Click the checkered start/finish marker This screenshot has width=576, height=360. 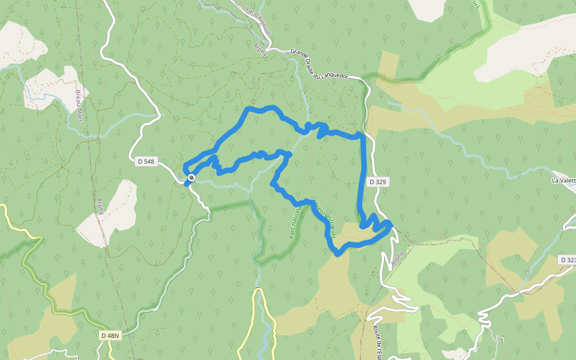pyautogui.click(x=191, y=178)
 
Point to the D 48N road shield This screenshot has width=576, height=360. pyautogui.click(x=110, y=335)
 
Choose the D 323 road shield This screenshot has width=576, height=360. pyautogui.click(x=567, y=260)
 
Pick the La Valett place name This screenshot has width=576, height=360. pyautogui.click(x=563, y=180)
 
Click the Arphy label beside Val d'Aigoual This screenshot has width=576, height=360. pyautogui.click(x=260, y=49)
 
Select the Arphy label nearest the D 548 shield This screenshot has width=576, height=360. pyautogui.click(x=100, y=206)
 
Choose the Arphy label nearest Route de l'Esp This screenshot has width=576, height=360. pyautogui.click(x=397, y=259)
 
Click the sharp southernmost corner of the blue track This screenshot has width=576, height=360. pyautogui.click(x=337, y=253)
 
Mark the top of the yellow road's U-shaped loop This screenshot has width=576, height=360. pyautogui.click(x=259, y=291)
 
